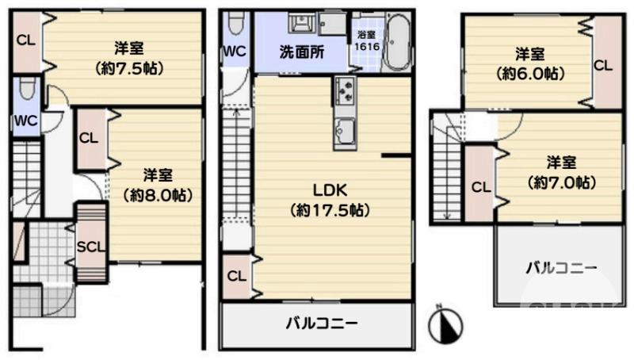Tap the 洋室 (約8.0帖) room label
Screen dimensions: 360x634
pos(158,184)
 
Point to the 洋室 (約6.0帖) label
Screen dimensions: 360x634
pos(530,63)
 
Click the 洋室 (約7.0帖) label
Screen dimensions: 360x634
pos(561,172)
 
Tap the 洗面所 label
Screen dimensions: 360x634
pos(300,54)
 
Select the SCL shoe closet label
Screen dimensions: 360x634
pos(91,246)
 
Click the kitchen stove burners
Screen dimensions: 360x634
pos(344,93)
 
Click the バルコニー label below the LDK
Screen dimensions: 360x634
pos(321,324)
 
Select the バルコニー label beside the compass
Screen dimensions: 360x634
pos(561,268)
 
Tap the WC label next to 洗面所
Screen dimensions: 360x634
pos(235,52)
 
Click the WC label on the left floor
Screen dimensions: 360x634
pos(25,121)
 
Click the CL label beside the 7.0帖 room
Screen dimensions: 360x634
pos(480,188)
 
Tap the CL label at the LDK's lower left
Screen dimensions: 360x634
pos(235,276)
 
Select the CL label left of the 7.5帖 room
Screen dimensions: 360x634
pos(25,40)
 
